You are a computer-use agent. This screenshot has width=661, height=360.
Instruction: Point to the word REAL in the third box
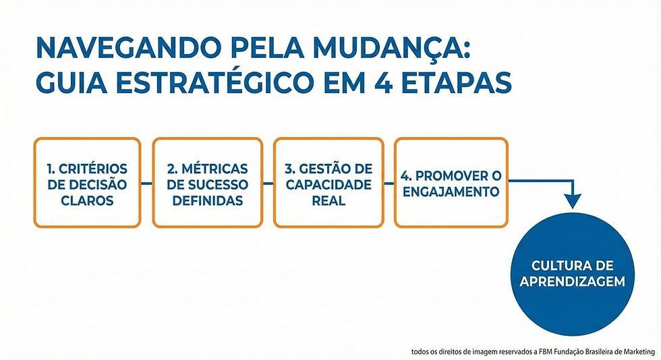click(x=328, y=200)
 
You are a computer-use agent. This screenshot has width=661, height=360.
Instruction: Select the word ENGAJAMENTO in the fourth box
click(x=449, y=192)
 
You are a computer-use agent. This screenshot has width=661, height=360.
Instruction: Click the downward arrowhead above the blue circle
click(x=573, y=201)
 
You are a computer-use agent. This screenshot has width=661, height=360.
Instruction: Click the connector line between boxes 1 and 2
click(x=146, y=183)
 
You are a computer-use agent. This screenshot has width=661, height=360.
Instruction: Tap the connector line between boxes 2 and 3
click(x=267, y=183)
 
